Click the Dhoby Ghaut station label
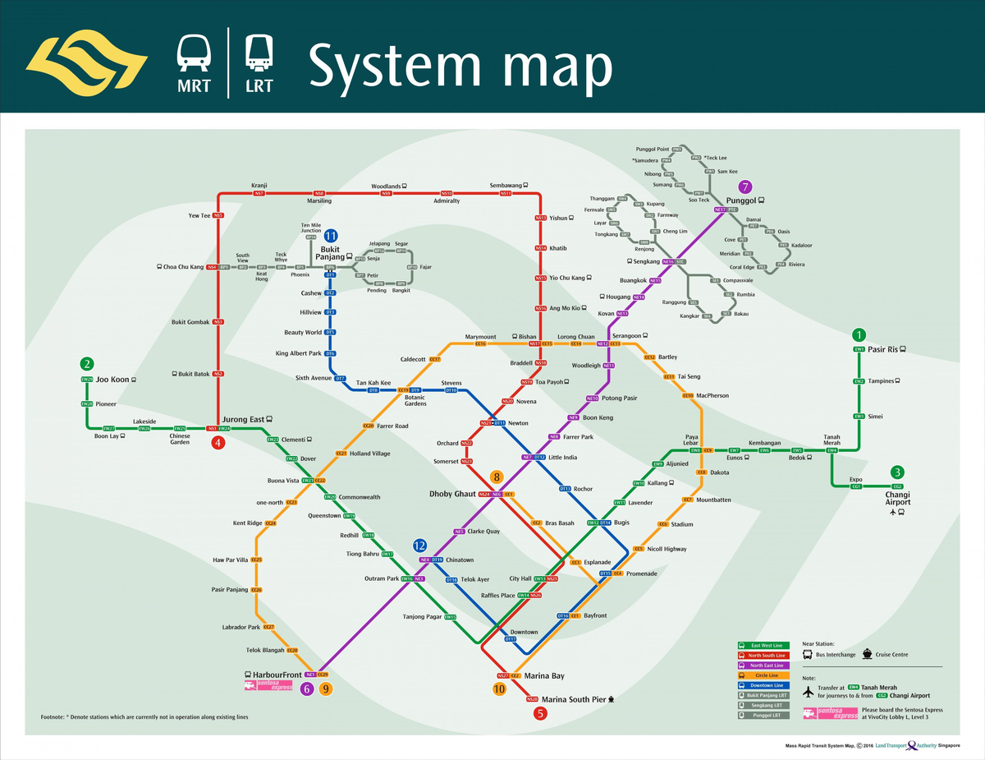pyautogui.click(x=452, y=494)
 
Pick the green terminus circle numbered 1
pyautogui.click(x=859, y=335)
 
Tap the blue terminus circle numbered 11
pyautogui.click(x=331, y=236)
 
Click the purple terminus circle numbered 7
pyautogui.click(x=745, y=187)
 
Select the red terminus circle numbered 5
pyautogui.click(x=539, y=713)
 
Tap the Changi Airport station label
pyautogui.click(x=897, y=498)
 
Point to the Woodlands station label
pyautogui.click(x=385, y=187)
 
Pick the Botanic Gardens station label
pyautogui.click(x=415, y=401)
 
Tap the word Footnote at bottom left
pyautogui.click(x=53, y=717)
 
